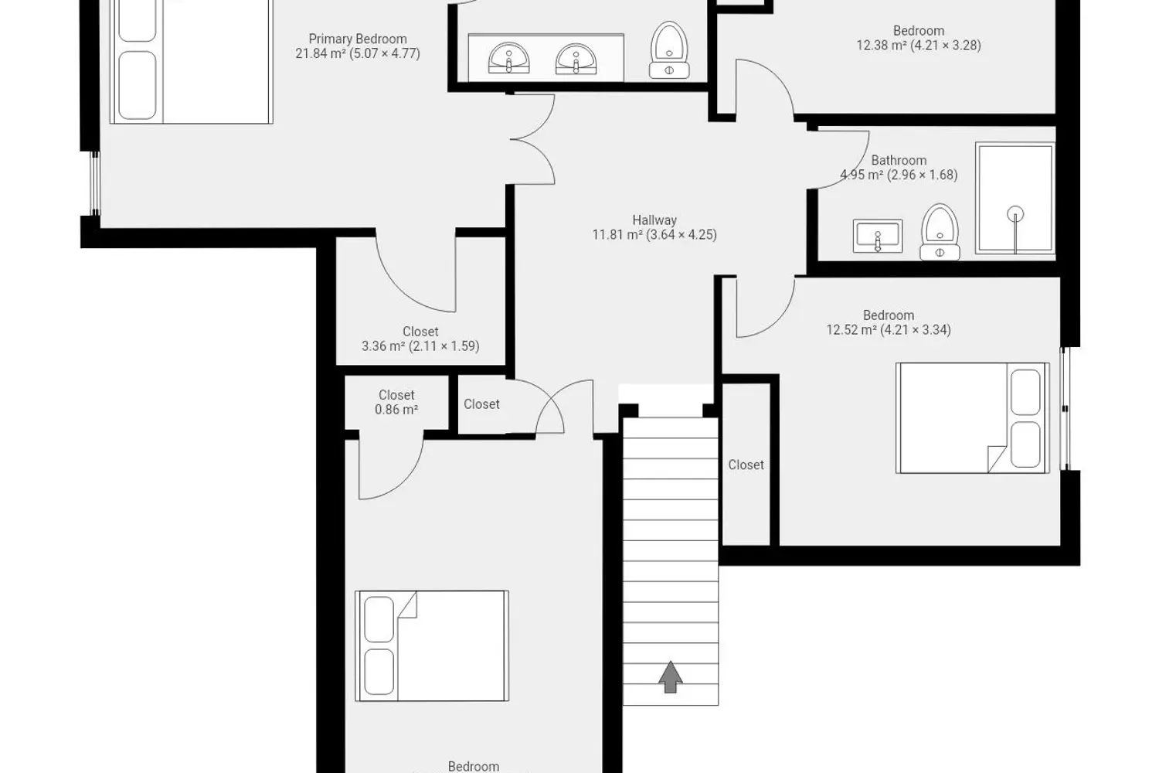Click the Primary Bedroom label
point(358,46)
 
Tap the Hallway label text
point(654,220)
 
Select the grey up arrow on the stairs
point(671,676)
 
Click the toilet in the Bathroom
point(940,232)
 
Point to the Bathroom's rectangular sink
point(878,236)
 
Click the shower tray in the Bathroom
point(1015,199)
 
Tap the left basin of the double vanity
point(508,58)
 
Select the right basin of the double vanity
point(576,59)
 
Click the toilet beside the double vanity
point(669,50)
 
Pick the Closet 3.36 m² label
point(420,339)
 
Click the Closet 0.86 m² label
point(396,402)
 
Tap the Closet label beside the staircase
point(746,465)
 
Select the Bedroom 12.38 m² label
point(919,38)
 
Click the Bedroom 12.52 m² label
point(889,322)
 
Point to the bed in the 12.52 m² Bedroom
point(973,418)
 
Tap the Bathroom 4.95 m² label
point(899,168)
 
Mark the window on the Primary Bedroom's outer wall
point(95,183)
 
